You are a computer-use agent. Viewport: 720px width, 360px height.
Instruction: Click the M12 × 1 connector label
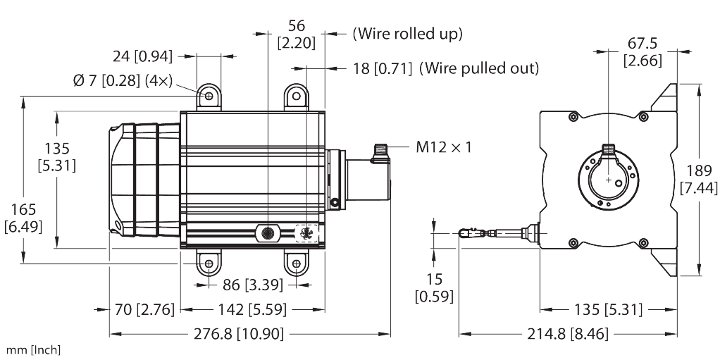point(443,147)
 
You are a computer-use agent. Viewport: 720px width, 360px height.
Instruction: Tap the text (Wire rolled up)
point(407,33)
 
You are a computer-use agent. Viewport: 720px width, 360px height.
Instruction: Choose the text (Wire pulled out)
point(479,68)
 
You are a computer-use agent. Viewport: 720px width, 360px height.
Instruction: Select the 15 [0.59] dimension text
point(433,287)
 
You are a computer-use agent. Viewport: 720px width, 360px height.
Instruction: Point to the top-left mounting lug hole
point(209,96)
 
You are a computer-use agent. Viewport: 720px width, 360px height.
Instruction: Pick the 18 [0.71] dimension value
point(380,68)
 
